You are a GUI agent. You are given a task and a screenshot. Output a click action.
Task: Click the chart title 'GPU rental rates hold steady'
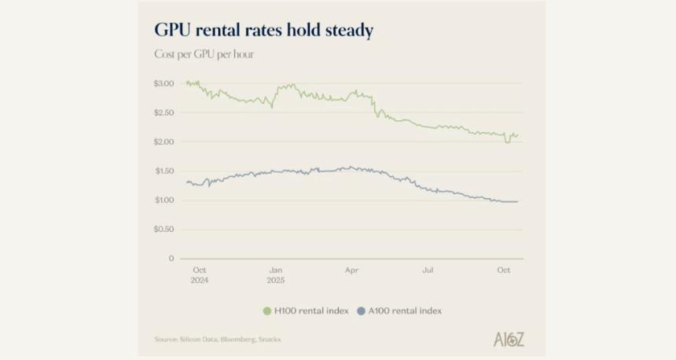coord(263,31)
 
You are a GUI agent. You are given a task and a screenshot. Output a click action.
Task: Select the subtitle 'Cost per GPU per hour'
coord(204,54)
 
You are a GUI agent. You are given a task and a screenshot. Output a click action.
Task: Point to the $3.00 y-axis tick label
coord(163,83)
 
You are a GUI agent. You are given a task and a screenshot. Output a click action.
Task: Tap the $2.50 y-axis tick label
coord(163,112)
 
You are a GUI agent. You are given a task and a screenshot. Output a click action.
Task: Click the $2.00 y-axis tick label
coord(163,141)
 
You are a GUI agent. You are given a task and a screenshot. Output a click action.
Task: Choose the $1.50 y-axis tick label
coord(163,171)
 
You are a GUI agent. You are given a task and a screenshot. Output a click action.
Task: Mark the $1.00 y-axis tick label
coord(163,200)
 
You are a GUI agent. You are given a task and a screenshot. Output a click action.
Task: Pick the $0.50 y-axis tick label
coord(163,229)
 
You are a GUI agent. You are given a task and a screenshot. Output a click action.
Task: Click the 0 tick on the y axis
coord(171,258)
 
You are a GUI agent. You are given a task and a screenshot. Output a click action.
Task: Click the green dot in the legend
coord(267,310)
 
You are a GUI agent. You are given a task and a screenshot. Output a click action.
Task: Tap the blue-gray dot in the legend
coord(362,310)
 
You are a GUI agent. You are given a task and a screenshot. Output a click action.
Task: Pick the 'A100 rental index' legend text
coord(405,310)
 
